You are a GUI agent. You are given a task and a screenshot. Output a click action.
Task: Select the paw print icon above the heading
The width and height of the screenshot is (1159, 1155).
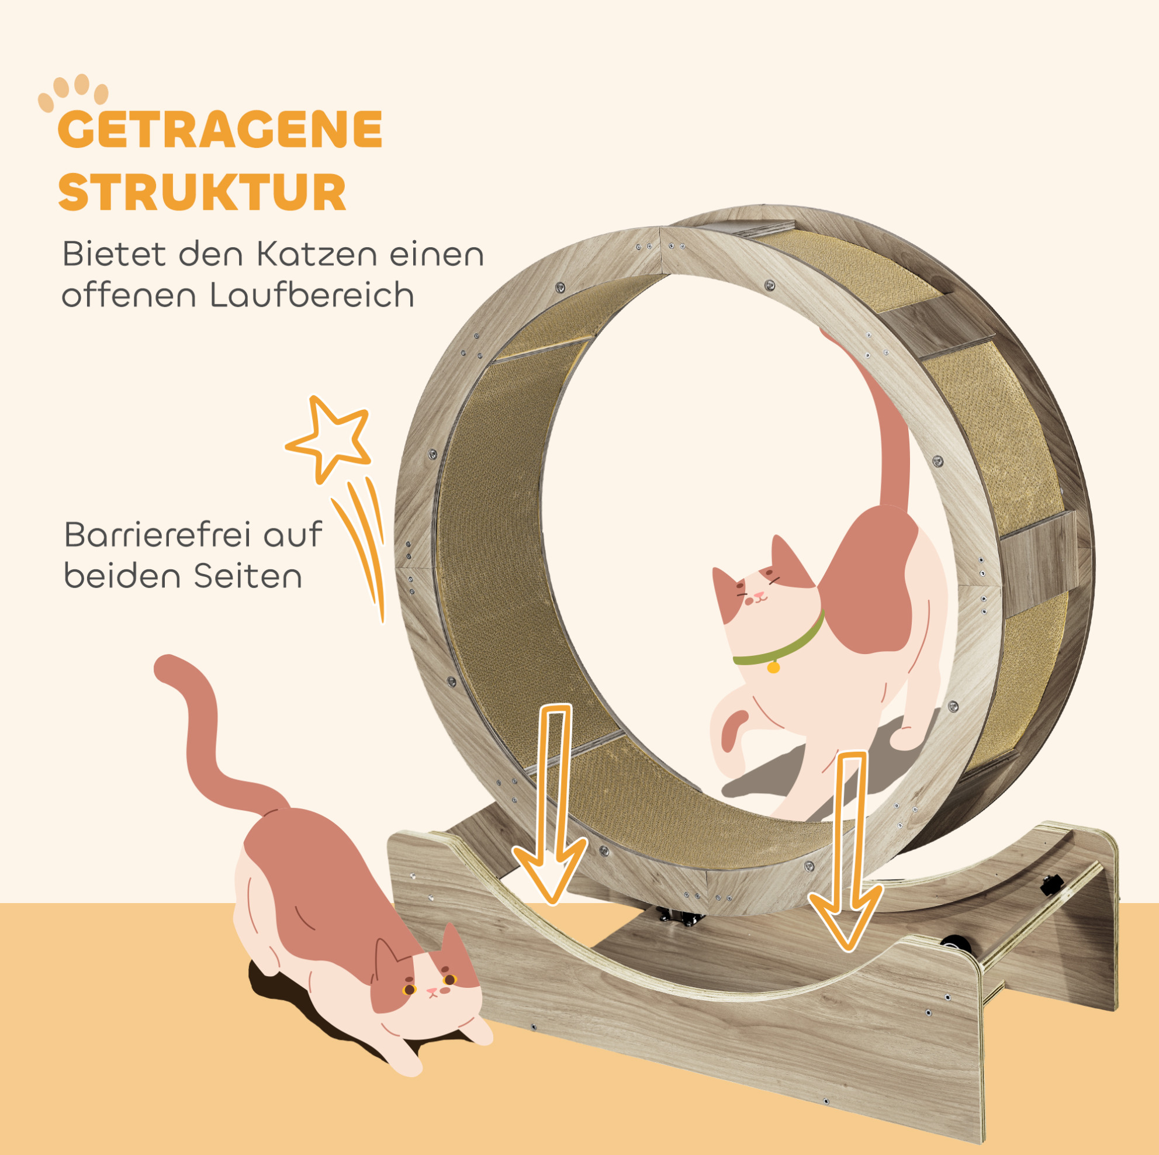click(x=73, y=92)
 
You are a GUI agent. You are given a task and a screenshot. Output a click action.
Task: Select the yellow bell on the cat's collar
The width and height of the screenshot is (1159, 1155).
click(x=773, y=666)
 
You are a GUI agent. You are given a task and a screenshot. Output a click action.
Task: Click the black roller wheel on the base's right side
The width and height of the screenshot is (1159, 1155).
click(x=956, y=946)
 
